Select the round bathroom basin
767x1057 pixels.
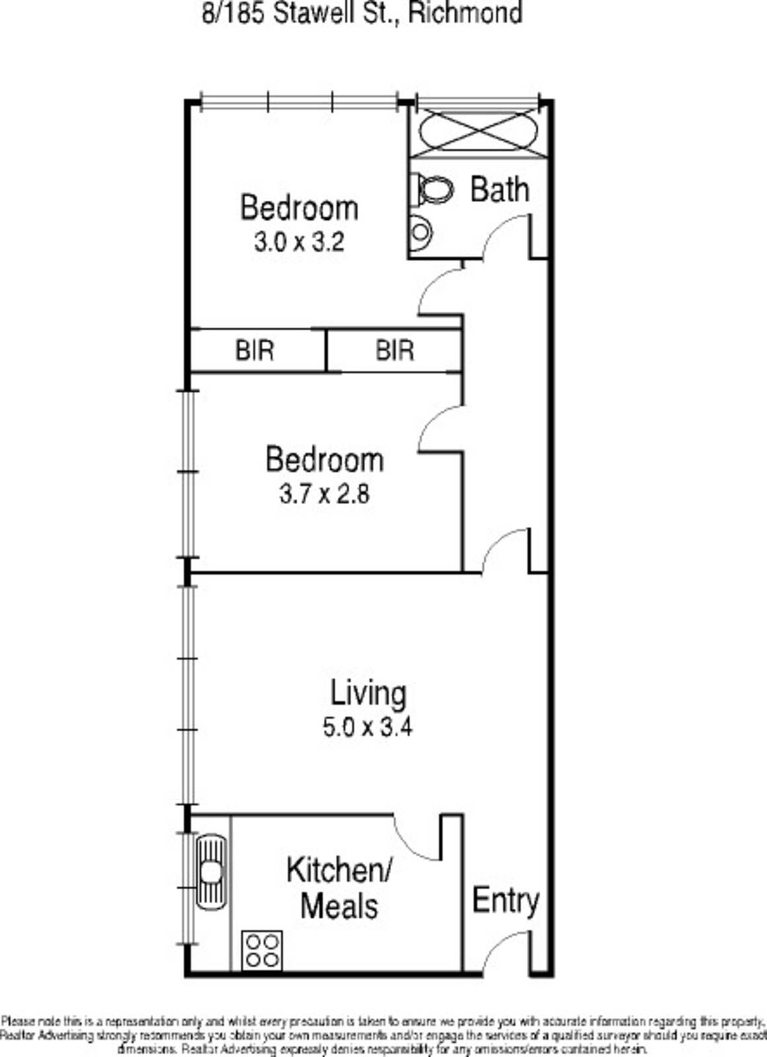[420, 232]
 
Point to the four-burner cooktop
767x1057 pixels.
[262, 951]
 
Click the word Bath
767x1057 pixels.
[499, 190]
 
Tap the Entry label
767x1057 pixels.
[505, 900]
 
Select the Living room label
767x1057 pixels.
[368, 693]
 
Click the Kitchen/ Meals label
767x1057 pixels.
[340, 888]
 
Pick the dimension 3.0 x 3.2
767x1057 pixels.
[299, 242]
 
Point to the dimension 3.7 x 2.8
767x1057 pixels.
[324, 494]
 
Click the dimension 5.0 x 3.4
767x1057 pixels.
[367, 727]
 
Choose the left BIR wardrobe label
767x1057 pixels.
[254, 350]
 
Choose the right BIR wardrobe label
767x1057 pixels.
[394, 350]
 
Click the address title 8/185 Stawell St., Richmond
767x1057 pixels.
[362, 13]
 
